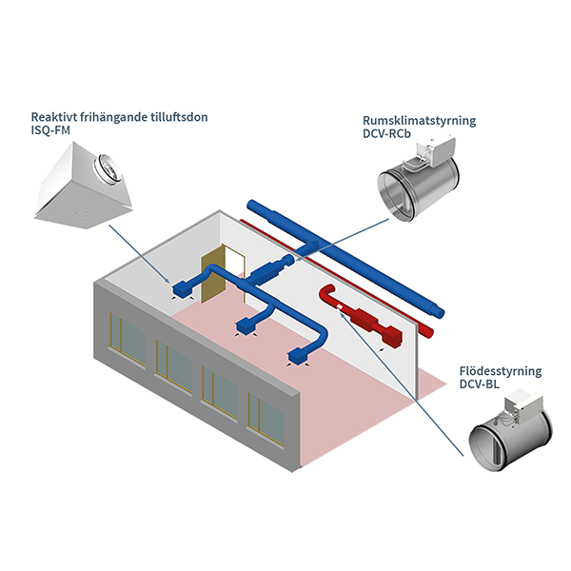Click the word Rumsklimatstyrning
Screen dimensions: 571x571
[x=420, y=121]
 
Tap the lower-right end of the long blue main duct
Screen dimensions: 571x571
[x=440, y=310]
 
